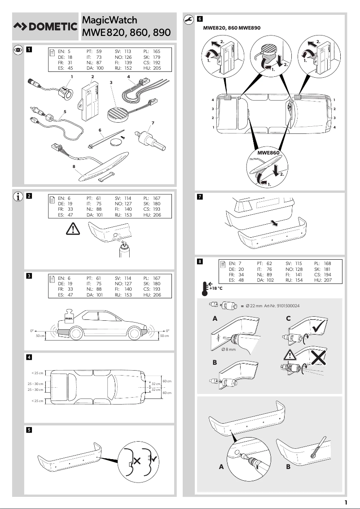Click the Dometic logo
pyautogui.click(x=45, y=27)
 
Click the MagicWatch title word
pyautogui.click(x=110, y=20)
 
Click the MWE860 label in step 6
pyautogui.click(x=268, y=153)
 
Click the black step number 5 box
pyautogui.click(x=29, y=429)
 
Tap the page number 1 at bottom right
pyautogui.click(x=345, y=502)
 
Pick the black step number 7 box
pyautogui.click(x=200, y=196)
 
